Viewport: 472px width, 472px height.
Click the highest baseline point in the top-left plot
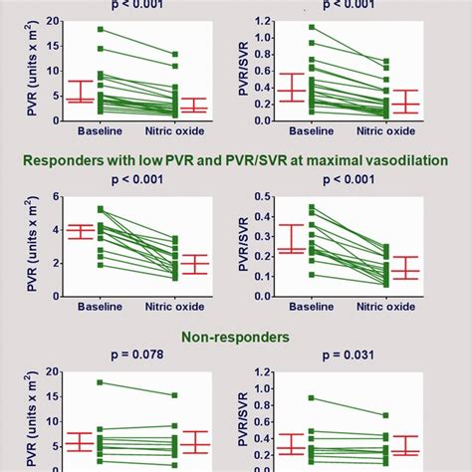(100, 30)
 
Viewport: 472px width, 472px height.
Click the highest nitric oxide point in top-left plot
(175, 54)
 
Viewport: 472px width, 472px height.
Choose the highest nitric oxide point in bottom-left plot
(175, 395)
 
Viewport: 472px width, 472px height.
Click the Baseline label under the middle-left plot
(100, 309)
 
